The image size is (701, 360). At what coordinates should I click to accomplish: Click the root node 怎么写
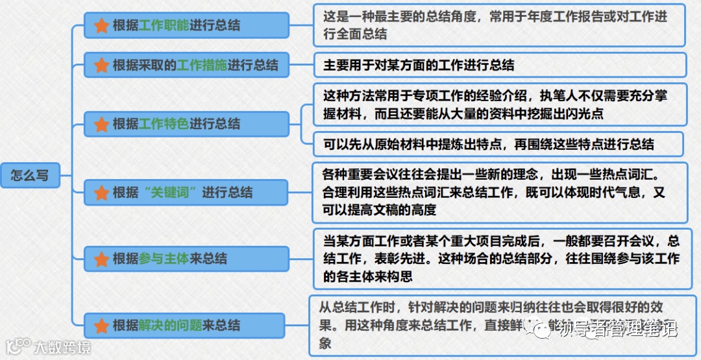point(30,175)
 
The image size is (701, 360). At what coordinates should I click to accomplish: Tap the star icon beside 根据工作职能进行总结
point(101,25)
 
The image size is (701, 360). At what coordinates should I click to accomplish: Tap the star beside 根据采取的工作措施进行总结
point(101,65)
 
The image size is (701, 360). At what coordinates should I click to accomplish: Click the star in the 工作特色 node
point(101,123)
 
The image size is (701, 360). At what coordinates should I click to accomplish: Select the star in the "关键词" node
point(101,193)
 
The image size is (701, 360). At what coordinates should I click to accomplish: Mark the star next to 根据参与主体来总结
point(101,258)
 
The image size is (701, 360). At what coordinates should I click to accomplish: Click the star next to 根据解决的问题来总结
point(101,325)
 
